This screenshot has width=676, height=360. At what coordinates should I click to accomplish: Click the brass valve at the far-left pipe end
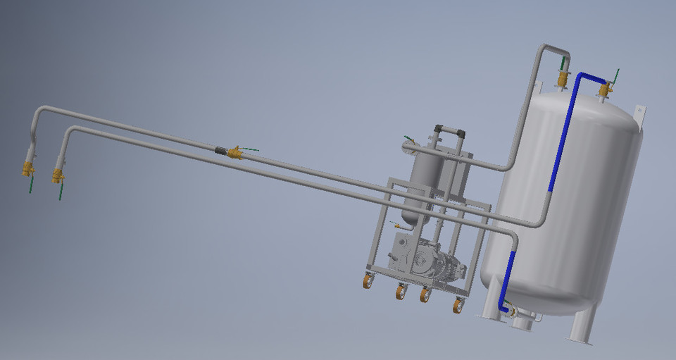click(x=28, y=168)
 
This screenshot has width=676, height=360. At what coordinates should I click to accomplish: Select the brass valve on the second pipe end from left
click(x=58, y=175)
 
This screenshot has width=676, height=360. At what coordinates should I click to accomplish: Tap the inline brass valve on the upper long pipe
click(x=235, y=152)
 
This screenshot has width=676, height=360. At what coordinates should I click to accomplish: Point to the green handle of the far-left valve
click(x=31, y=185)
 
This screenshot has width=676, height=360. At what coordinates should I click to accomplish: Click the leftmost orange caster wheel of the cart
click(x=368, y=281)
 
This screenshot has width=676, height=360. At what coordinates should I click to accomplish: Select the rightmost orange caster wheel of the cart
click(x=458, y=306)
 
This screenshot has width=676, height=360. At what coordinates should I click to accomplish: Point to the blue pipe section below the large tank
click(x=504, y=292)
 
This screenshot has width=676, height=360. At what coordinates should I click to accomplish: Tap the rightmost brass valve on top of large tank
click(x=605, y=89)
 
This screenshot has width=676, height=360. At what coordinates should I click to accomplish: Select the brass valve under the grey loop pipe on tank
click(x=562, y=78)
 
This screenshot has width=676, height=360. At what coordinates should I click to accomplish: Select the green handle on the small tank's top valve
click(x=409, y=139)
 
